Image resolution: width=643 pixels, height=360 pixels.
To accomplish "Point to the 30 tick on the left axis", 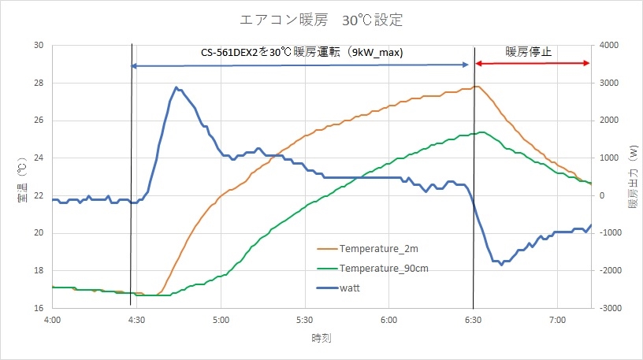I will tap(38, 45).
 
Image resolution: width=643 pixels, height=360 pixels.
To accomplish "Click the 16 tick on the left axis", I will tap(38, 308).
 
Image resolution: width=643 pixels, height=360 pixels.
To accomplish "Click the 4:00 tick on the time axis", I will tap(53, 321).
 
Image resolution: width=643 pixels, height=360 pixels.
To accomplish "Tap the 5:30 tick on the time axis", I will tap(305, 321).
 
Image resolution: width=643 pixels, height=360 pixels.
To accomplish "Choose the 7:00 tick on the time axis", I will tap(557, 321).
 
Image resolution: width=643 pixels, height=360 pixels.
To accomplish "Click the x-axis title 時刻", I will tap(321, 338).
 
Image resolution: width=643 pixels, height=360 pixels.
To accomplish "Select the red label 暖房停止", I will tap(529, 52).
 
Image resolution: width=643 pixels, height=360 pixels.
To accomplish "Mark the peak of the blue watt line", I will tap(176, 87).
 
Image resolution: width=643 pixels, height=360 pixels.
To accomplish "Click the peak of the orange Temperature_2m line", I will tap(476, 86).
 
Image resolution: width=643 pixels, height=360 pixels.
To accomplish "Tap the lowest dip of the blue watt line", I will tap(501, 265).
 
